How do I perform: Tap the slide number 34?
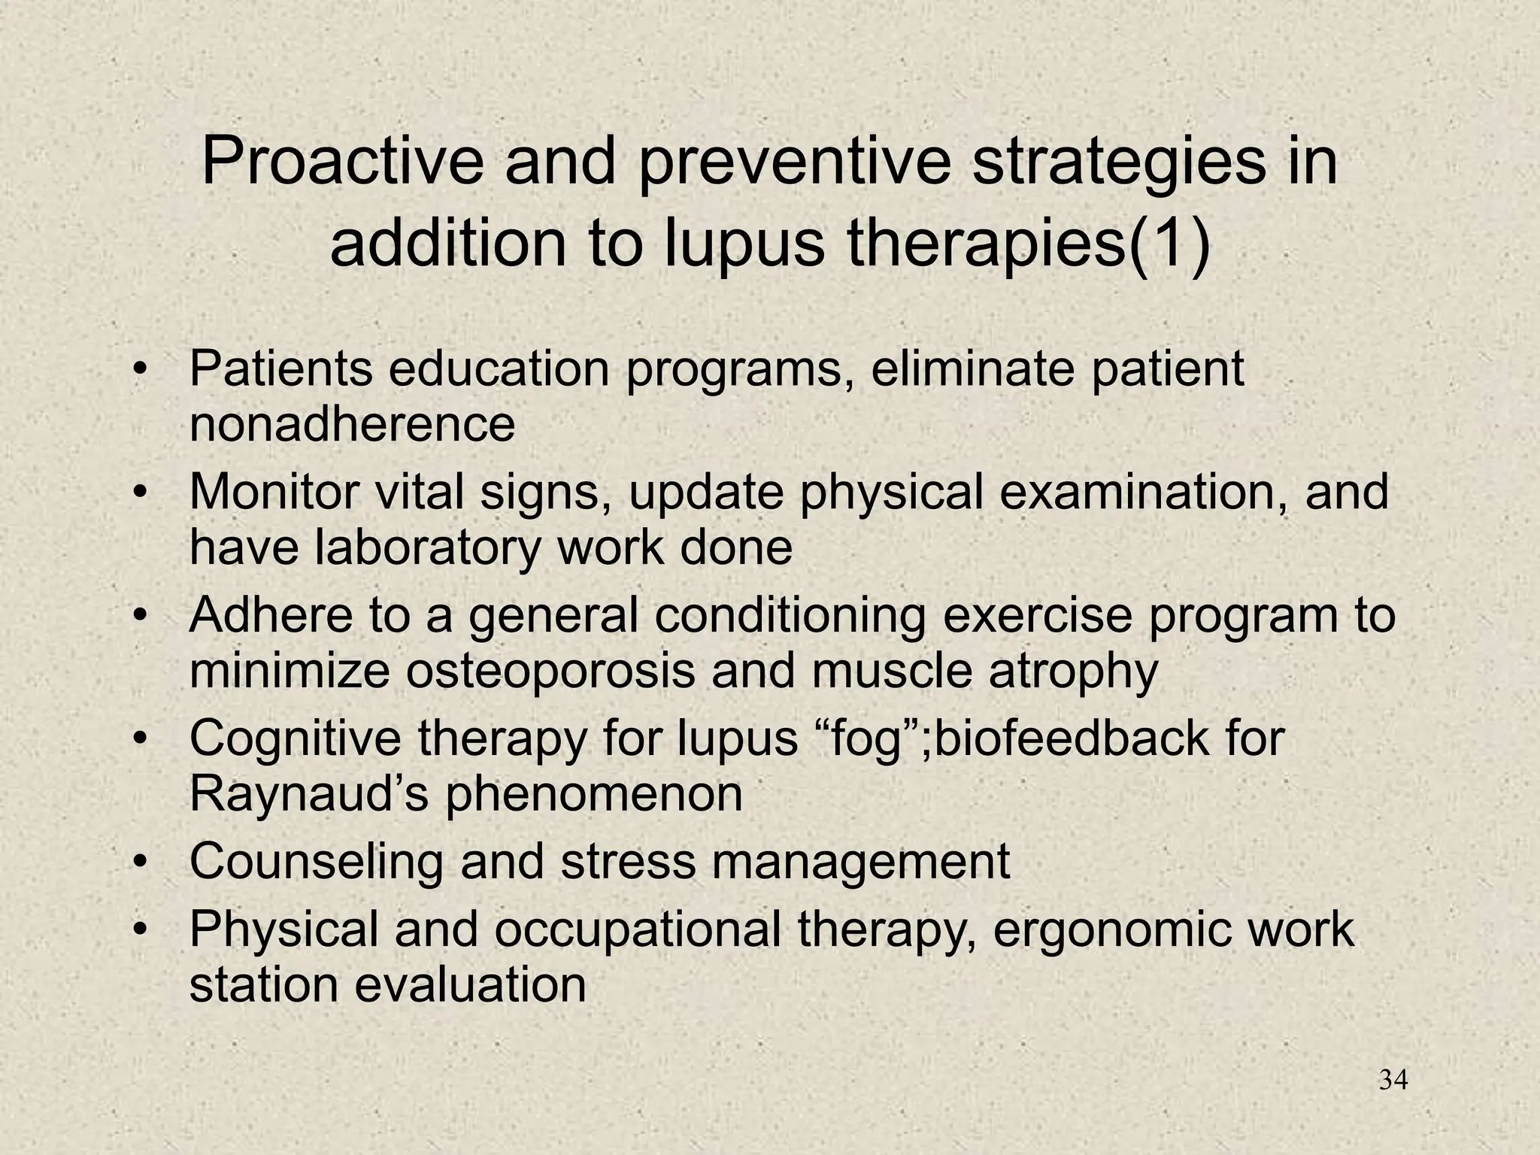tap(1393, 1081)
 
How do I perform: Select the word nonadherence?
tap(352, 424)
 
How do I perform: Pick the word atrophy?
tap(1073, 672)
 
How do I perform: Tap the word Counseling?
tap(316, 862)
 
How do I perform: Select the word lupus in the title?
tap(744, 246)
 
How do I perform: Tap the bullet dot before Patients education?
tap(139, 370)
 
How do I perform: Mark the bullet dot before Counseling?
tap(139, 862)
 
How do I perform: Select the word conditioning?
tap(790, 617)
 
